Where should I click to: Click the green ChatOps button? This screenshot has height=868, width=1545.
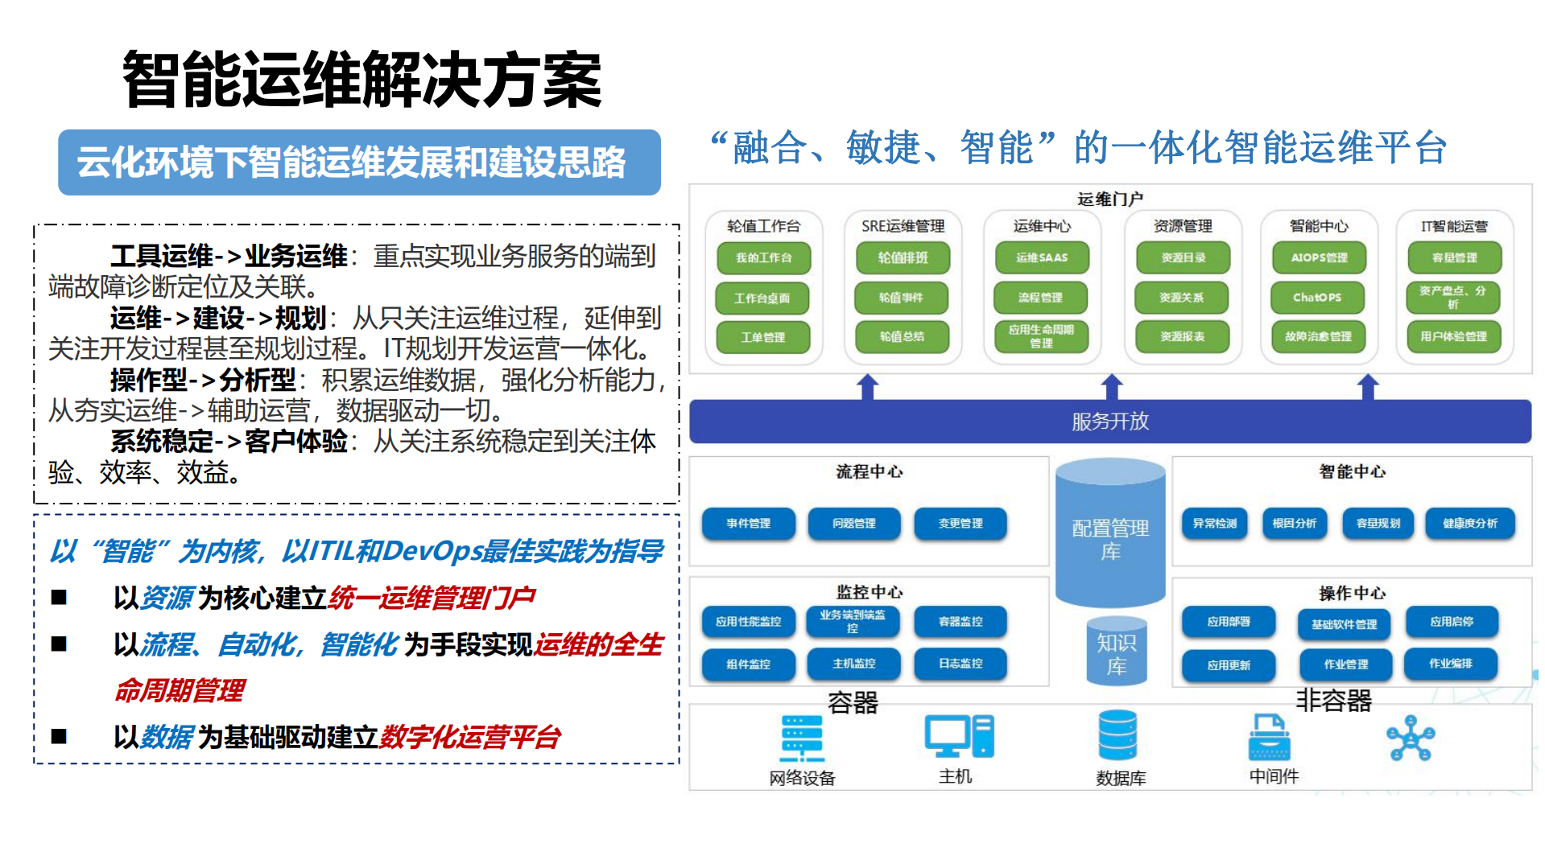coord(1317,298)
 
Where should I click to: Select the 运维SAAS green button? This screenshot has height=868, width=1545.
coord(1041,258)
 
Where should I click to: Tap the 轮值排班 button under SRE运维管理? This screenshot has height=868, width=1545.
coord(902,258)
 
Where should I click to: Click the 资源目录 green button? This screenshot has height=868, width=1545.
coord(1182,258)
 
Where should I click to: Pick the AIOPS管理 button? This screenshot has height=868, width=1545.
coord(1318,258)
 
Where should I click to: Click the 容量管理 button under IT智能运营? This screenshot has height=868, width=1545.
coord(1453,258)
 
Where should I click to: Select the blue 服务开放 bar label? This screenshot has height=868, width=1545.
coord(1109,422)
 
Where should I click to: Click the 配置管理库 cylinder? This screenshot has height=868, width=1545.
coord(1109,535)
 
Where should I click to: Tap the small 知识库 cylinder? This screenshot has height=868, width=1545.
coord(1116,652)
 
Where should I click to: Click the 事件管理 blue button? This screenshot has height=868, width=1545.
coord(748,524)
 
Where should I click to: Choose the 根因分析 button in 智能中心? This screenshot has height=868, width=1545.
coord(1294,524)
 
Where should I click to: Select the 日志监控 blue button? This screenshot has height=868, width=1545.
coord(960,664)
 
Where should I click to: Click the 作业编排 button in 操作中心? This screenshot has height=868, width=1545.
coord(1450,664)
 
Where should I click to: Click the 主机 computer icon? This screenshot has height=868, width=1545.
coord(958,736)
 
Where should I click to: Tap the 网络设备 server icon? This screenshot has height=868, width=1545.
coord(802,737)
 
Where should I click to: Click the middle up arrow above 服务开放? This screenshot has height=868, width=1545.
coord(1111,387)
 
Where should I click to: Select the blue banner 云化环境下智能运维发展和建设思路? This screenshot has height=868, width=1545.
coord(359,162)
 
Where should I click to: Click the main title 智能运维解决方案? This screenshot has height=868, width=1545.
coord(361,80)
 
